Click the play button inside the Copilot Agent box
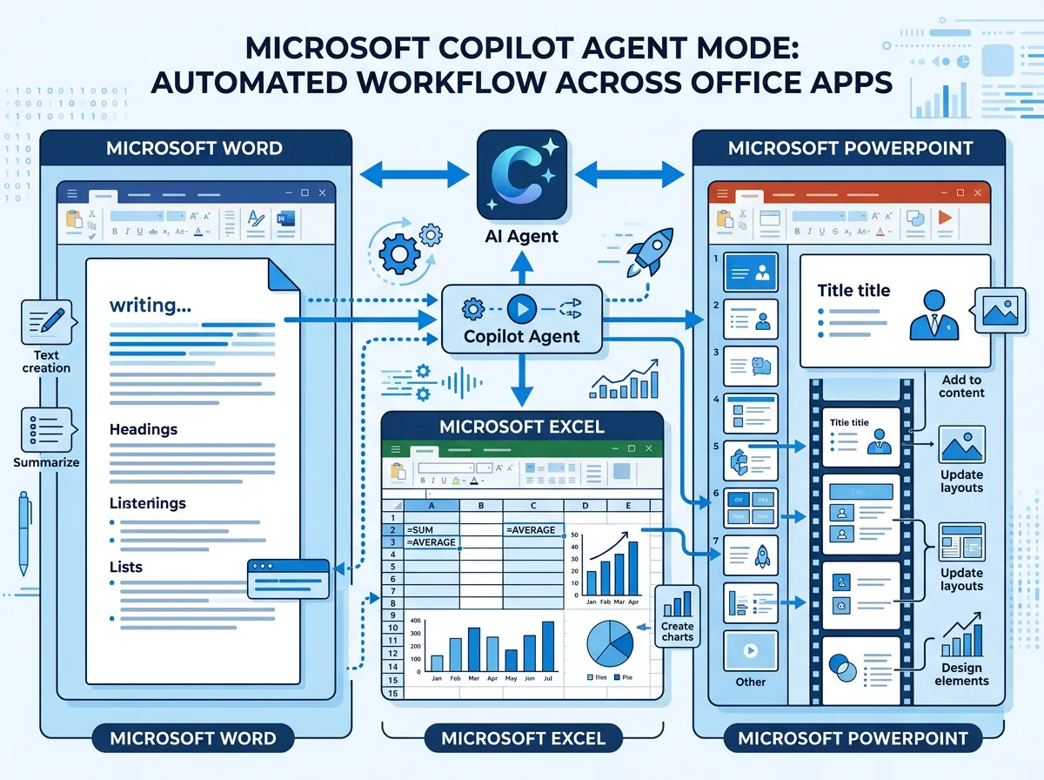pyautogui.click(x=521, y=307)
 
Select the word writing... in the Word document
pyautogui.click(x=151, y=306)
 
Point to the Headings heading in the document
pyautogui.click(x=144, y=429)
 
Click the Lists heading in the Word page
pyautogui.click(x=126, y=567)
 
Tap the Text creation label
pyautogui.click(x=46, y=361)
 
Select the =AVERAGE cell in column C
pyautogui.click(x=532, y=529)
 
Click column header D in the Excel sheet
pyautogui.click(x=585, y=504)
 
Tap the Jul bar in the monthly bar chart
pyautogui.click(x=548, y=646)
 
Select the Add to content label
pyautogui.click(x=961, y=386)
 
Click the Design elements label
pyautogui.click(x=961, y=675)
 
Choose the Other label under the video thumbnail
pyautogui.click(x=750, y=682)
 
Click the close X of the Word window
pyautogui.click(x=322, y=192)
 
